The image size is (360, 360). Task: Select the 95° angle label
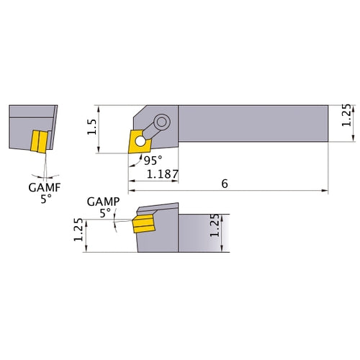click(x=150, y=161)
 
